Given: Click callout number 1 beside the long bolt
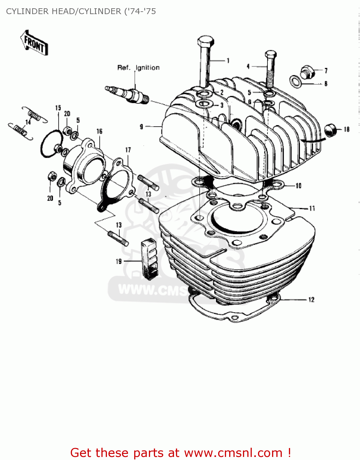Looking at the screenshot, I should pyautogui.click(x=228, y=61).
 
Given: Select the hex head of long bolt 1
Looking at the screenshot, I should pyautogui.click(x=206, y=41).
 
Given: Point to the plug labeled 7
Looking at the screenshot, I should pyautogui.click(x=307, y=72).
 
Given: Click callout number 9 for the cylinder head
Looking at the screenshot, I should pyautogui.click(x=141, y=126).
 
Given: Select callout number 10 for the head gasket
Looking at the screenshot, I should pyautogui.click(x=298, y=186).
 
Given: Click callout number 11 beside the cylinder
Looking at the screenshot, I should pyautogui.click(x=312, y=209).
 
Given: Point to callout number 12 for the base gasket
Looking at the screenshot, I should pyautogui.click(x=311, y=300).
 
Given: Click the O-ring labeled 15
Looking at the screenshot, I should pyautogui.click(x=51, y=144).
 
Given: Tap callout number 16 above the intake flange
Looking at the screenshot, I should pyautogui.click(x=99, y=132).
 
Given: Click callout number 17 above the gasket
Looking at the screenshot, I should pyautogui.click(x=128, y=150).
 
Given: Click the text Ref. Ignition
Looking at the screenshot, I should pyautogui.click(x=138, y=68).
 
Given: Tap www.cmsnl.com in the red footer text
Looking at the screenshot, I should pyautogui.click(x=233, y=453).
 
